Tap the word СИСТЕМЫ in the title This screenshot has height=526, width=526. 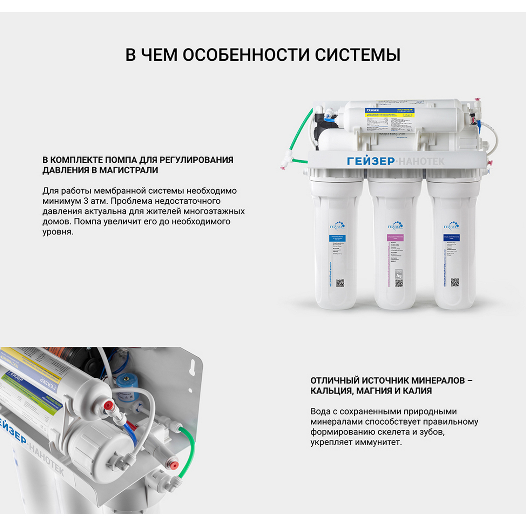pyautogui.click(x=357, y=55)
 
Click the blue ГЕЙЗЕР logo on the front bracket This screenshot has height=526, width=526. pyautogui.click(x=371, y=161)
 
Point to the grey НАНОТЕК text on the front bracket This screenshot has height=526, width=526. pyautogui.click(x=422, y=161)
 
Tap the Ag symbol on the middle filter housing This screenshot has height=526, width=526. pyautogui.click(x=399, y=276)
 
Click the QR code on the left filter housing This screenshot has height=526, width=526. pyautogui.click(x=340, y=283)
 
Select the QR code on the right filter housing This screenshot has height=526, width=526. pyautogui.click(x=455, y=282)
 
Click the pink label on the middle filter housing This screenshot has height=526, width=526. pyautogui.click(x=395, y=238)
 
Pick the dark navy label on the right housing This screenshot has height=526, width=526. pyautogui.click(x=451, y=238)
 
